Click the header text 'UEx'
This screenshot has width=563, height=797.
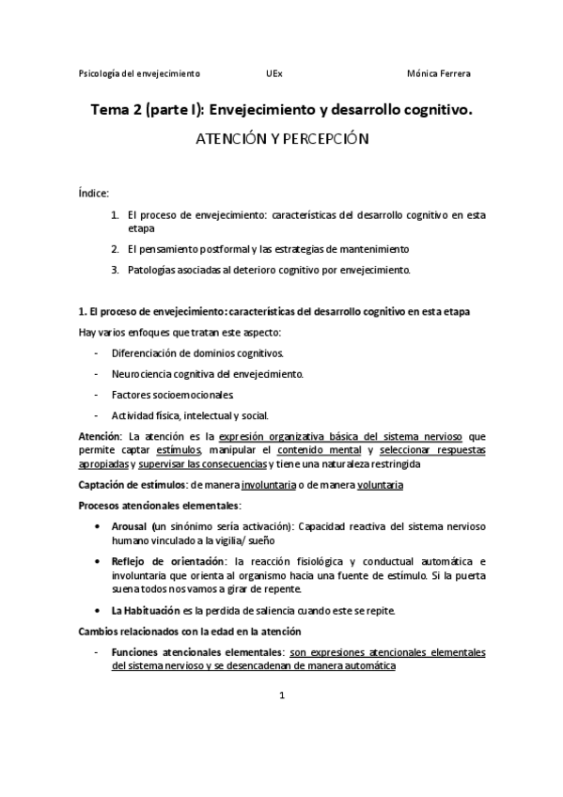coord(274,73)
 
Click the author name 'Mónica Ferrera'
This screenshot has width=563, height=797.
coord(440,73)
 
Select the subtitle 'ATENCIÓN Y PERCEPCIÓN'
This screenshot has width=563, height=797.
coord(281,139)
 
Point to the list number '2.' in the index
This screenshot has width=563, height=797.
coord(115,249)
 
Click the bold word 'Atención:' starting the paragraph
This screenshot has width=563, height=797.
coord(101,436)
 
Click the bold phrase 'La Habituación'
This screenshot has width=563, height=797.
coord(144,610)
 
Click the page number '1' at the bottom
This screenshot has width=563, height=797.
coord(281,696)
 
